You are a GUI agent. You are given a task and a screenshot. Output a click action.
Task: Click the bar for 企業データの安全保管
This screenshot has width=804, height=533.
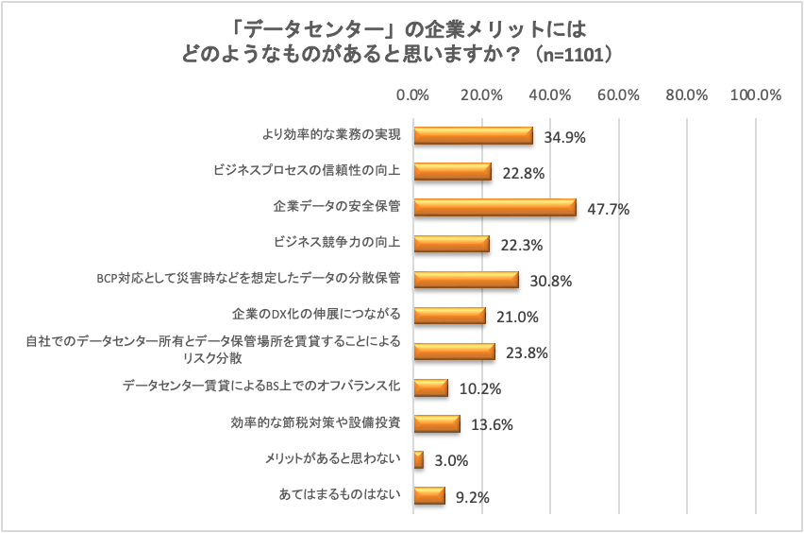[494, 208]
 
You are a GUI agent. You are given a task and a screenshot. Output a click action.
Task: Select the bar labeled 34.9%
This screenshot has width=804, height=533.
[473, 136]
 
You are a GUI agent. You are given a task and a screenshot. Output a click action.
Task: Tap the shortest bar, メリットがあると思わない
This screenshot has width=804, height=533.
[419, 460]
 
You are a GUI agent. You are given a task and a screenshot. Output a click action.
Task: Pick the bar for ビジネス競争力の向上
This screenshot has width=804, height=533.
[452, 244]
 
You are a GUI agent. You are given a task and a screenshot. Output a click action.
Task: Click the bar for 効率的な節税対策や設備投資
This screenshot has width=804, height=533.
[437, 424]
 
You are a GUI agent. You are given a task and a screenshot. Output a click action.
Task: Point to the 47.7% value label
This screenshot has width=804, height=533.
[608, 209]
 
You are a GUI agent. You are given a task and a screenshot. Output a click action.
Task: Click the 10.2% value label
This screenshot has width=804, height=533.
[478, 388]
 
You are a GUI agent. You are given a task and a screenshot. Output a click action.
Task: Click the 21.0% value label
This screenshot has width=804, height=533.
[516, 317]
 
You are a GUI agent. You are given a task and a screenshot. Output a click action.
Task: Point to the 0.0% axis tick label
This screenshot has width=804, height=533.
[413, 95]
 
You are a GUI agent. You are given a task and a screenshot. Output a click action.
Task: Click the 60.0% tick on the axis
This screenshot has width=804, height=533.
[619, 95]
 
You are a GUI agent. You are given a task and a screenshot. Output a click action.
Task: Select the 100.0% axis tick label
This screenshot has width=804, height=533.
[757, 95]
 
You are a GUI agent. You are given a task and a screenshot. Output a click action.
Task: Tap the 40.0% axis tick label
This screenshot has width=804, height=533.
[550, 95]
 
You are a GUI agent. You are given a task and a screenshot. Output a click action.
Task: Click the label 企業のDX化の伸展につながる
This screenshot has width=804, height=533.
[316, 315]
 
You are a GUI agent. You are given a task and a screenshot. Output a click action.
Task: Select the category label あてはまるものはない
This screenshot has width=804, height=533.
[340, 495]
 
